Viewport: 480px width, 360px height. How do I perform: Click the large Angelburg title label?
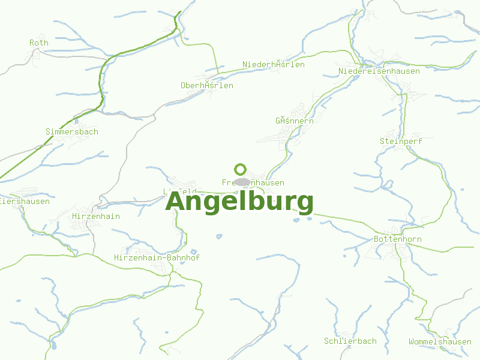[x=239, y=201]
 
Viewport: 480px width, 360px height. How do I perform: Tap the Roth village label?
[x=39, y=43]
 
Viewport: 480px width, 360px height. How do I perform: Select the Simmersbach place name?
[x=72, y=131]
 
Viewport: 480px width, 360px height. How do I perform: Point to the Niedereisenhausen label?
[x=379, y=71]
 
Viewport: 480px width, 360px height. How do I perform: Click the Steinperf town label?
[x=401, y=141]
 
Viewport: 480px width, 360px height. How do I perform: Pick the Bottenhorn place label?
[x=397, y=239]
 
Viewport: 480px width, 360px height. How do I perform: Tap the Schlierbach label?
[x=350, y=341]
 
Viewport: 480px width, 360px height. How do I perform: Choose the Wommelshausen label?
[x=440, y=341]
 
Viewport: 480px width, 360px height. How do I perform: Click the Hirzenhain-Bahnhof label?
[x=157, y=257]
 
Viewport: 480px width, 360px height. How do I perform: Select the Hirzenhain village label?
[x=96, y=216]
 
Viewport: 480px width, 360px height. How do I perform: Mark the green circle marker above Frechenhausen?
[x=241, y=169]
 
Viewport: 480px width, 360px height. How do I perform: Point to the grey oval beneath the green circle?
[x=242, y=182]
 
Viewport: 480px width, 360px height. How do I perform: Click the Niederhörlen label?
[x=274, y=64]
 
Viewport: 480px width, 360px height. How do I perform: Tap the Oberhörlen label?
[x=207, y=85]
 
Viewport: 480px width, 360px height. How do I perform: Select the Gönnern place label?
[x=295, y=121]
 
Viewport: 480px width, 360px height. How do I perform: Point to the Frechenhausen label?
[x=253, y=182]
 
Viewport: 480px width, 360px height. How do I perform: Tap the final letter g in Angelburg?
[x=304, y=203]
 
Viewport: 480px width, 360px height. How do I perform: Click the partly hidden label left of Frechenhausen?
[x=179, y=191]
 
